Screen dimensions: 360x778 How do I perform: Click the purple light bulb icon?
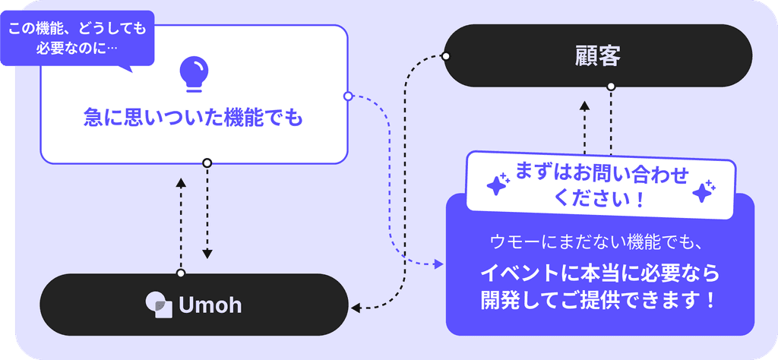coord(193,74)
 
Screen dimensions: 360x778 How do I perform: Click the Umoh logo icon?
coord(159,305)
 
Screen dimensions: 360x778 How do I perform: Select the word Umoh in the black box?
coord(210,305)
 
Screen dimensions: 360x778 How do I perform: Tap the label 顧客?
coord(598,56)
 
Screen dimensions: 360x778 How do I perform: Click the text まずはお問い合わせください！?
coord(600,186)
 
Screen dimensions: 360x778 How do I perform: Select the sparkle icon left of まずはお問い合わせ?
coord(497,185)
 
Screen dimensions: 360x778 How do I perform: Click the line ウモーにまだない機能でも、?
coord(599,242)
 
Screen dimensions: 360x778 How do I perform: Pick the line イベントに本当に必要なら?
coord(599,273)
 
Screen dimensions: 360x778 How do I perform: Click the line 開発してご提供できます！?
coord(599,299)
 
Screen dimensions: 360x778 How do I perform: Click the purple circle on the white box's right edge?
coord(348,96)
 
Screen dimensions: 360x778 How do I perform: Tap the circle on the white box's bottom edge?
coord(207,163)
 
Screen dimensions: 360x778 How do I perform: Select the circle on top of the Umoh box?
coord(181,273)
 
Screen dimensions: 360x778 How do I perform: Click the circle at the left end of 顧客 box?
coord(446,56)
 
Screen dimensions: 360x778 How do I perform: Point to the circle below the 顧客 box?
coord(611,87)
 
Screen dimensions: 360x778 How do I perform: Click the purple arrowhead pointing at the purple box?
coord(439,264)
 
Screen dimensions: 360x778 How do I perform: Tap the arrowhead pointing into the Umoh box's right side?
coord(356,308)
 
